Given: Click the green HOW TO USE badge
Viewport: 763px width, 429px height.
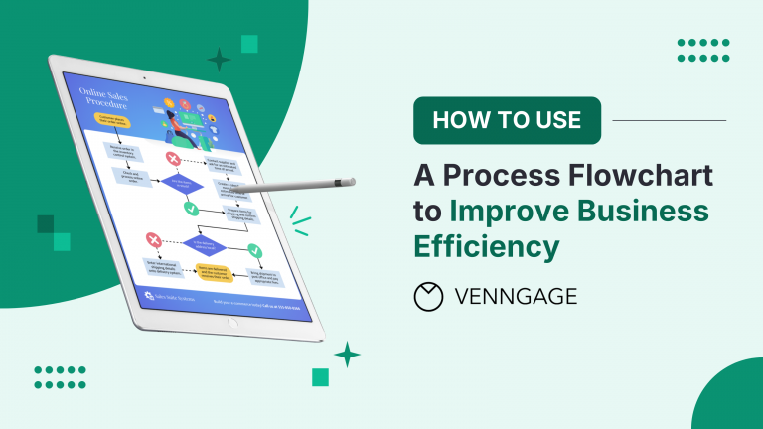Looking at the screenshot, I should click(507, 120).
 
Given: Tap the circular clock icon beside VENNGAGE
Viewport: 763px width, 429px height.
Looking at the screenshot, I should click(429, 296).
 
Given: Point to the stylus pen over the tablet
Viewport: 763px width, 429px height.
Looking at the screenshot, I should click(298, 186).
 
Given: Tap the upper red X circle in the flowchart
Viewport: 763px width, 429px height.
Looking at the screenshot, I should click(173, 158).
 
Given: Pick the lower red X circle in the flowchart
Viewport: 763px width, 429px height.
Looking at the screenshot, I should click(154, 240).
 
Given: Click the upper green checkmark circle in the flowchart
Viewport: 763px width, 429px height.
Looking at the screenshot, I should click(192, 208).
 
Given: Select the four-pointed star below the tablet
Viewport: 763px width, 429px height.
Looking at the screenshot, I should click(347, 354).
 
